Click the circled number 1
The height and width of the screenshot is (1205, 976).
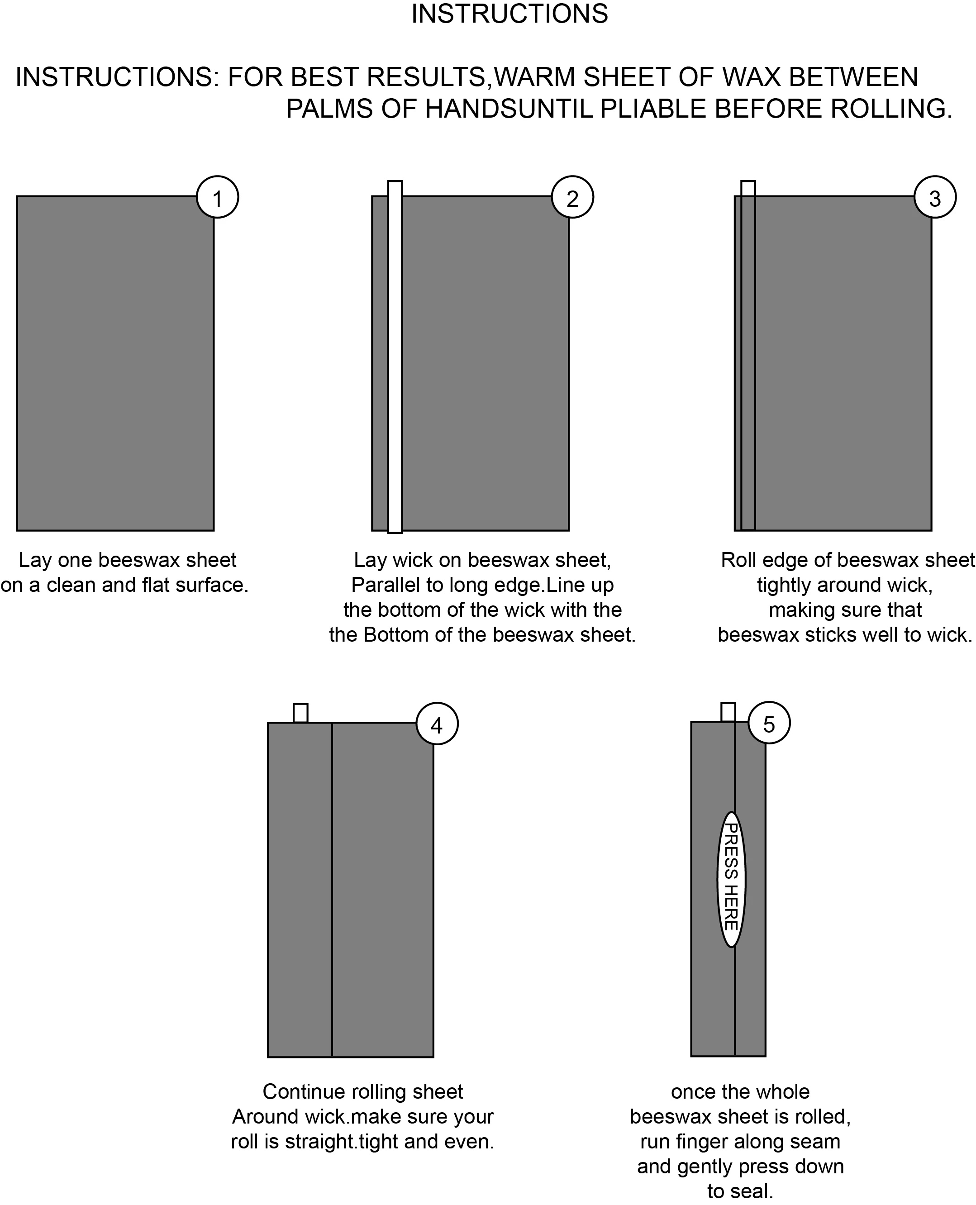click(x=218, y=197)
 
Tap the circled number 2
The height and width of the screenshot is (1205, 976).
click(x=572, y=197)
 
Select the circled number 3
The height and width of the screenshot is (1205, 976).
click(x=935, y=197)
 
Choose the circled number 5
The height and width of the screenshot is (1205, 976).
click(x=769, y=723)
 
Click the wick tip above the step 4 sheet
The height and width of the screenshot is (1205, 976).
click(x=300, y=713)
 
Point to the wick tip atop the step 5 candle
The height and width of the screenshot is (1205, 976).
click(x=728, y=712)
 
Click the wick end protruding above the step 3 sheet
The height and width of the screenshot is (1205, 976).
click(x=748, y=188)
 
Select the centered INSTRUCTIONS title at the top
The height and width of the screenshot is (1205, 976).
click(x=509, y=14)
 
